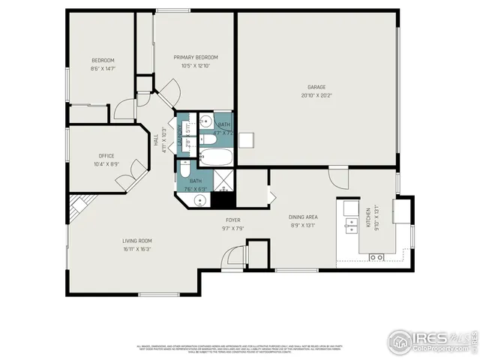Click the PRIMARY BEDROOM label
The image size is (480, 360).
(196, 57)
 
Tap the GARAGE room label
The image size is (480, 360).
(316, 87)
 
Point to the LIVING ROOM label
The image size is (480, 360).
(137, 241)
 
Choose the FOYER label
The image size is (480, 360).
(233, 220)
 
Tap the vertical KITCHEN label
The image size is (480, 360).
(368, 217)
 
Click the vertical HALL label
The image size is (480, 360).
(157, 140)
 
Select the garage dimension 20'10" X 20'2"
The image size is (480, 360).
(316, 96)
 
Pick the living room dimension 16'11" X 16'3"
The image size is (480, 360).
(137, 249)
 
